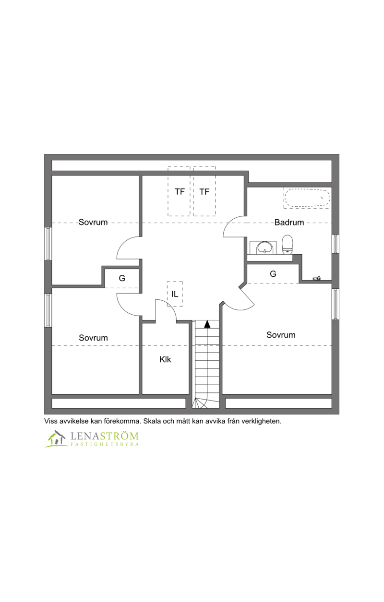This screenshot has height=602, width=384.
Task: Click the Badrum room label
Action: [x=289, y=223]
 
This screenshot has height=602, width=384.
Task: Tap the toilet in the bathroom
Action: [x=287, y=245]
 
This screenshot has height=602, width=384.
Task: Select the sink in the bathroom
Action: [x=263, y=248]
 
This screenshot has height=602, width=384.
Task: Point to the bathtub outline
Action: [x=307, y=198]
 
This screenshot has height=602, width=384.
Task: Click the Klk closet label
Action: [x=165, y=360]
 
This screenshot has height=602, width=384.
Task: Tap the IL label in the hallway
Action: [x=175, y=294]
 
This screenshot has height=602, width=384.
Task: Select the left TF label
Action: [x=180, y=191]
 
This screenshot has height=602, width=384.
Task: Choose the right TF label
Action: [x=204, y=191]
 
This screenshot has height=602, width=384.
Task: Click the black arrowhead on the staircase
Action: [x=207, y=324]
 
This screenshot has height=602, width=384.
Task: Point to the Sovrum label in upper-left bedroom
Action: [x=93, y=222]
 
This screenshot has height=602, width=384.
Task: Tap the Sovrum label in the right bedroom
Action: [x=281, y=335]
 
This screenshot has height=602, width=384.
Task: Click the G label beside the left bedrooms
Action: [x=122, y=278]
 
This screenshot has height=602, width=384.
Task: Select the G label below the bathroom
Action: [x=273, y=274]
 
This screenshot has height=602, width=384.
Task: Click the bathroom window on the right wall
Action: [x=336, y=244]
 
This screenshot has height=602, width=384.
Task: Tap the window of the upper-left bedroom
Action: [x=48, y=244]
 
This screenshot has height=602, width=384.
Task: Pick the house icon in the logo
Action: [x=57, y=438]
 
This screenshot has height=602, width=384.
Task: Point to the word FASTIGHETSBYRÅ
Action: [x=105, y=444]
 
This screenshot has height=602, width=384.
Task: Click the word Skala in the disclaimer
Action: [x=151, y=421]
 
